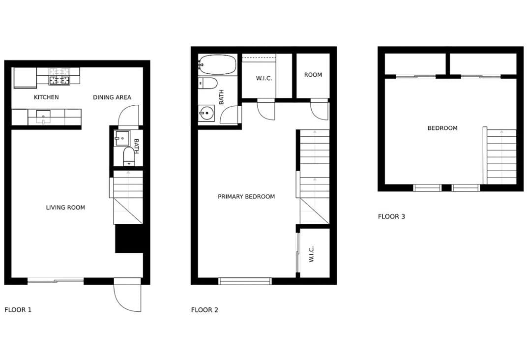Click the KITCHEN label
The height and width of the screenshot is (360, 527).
(46, 97)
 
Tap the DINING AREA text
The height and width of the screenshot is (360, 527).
(112, 97)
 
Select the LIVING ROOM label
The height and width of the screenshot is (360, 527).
(65, 208)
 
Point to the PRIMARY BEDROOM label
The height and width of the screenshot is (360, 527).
(246, 197)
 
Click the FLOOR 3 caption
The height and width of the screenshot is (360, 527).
(391, 216)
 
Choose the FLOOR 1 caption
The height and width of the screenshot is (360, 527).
(18, 310)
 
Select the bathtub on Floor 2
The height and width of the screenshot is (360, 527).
(218, 64)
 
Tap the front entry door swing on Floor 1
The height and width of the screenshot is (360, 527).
(127, 295)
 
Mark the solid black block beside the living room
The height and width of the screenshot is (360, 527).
(129, 239)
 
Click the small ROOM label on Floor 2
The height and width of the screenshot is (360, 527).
(313, 75)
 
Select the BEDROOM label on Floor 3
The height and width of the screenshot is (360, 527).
(442, 128)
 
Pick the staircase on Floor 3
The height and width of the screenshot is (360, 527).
(501, 156)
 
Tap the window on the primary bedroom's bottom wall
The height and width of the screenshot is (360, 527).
(245, 281)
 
